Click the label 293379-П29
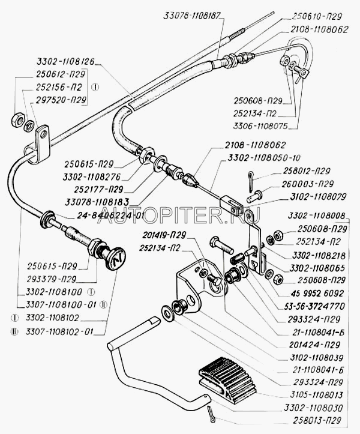[x=51, y=279]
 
